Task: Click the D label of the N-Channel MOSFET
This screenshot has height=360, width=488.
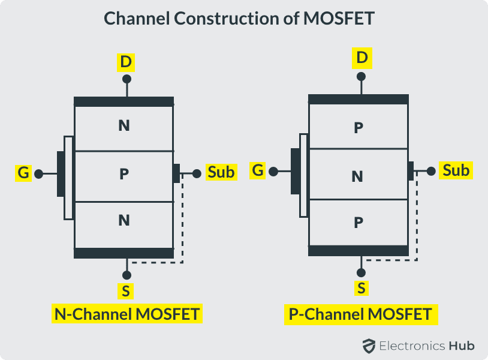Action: point(126,62)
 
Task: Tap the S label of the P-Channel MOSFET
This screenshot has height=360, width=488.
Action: point(361,288)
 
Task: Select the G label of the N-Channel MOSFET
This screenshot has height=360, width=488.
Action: point(23,174)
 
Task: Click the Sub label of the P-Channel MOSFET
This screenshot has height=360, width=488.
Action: point(456,170)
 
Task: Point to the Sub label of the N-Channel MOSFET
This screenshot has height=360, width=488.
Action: point(221,173)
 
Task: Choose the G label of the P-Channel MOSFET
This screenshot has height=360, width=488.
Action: point(258,170)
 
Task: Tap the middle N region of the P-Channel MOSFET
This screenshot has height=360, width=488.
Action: point(358,176)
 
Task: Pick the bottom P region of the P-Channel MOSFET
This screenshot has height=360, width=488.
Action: point(358,223)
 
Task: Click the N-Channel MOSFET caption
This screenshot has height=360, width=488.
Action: point(126,314)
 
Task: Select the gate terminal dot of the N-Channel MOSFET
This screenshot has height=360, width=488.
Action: point(39,174)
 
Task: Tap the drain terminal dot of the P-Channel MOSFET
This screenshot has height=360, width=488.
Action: point(361,77)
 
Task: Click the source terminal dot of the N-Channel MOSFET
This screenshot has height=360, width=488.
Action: point(126,275)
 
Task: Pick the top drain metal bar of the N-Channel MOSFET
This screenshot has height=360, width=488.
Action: point(123,102)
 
